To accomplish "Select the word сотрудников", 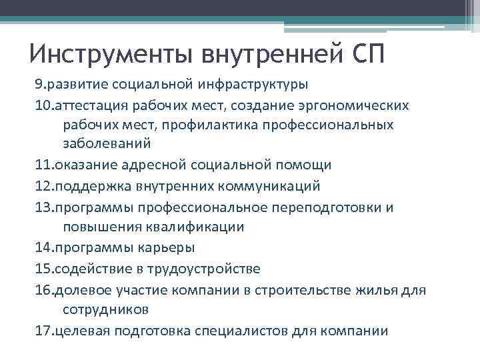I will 105,309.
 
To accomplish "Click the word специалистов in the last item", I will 251,331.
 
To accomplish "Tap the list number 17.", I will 43,331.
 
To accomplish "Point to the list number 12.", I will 43,185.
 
